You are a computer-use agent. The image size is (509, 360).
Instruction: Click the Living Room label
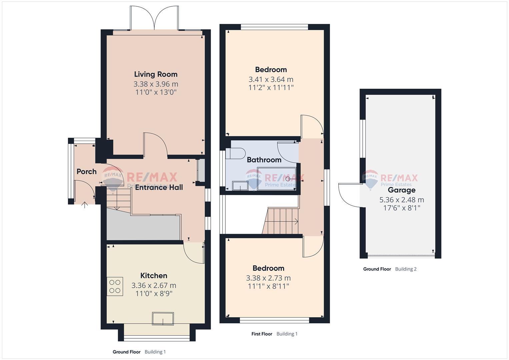click(x=156, y=74)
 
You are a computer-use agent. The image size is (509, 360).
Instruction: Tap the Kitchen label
click(x=154, y=275)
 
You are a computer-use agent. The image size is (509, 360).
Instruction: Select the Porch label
click(x=87, y=171)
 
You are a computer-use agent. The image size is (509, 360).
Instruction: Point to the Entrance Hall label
click(x=159, y=187)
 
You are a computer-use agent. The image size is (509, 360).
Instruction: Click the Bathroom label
click(x=264, y=160)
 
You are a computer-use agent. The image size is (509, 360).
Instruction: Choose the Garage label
click(x=402, y=190)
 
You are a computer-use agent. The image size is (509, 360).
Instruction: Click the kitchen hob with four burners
click(x=115, y=286)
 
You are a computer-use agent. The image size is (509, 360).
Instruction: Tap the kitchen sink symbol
click(x=163, y=319)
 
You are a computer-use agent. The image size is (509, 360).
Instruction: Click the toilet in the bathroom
click(x=235, y=154)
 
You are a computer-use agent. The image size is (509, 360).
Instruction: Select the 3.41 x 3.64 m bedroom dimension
click(x=271, y=79)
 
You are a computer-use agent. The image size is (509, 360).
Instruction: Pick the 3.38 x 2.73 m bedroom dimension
click(x=268, y=278)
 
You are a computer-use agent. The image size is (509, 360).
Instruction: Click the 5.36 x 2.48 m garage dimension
click(x=402, y=200)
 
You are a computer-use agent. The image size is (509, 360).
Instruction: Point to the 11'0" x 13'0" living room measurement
click(x=156, y=92)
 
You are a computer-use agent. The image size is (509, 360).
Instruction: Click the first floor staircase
click(x=280, y=221)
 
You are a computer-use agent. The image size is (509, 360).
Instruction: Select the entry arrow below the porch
click(x=85, y=205)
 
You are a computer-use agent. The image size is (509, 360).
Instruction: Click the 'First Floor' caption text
click(x=262, y=334)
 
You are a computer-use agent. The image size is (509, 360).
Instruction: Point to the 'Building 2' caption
click(x=406, y=269)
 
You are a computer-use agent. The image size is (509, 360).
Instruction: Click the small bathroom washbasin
click(x=240, y=186)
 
